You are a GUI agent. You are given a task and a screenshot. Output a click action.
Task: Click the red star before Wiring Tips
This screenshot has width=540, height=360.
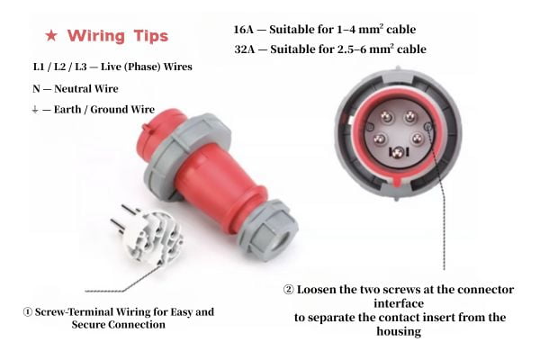(x=52, y=37)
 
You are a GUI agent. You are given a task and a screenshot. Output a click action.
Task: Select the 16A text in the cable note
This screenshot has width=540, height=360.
(x=245, y=28)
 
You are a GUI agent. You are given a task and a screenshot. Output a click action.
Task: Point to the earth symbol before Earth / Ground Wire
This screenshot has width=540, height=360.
(x=34, y=110)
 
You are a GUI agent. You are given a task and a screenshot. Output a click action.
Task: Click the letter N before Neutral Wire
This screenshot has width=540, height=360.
(x=35, y=89)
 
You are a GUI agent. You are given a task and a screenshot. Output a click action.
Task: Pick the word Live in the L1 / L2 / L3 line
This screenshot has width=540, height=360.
(x=119, y=67)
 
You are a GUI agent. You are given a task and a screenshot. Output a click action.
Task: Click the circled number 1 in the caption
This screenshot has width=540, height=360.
(x=28, y=312)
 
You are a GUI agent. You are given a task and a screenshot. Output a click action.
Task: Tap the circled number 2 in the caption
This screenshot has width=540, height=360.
(x=289, y=290)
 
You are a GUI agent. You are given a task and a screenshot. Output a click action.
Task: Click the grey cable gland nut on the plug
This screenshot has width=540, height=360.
(x=267, y=229)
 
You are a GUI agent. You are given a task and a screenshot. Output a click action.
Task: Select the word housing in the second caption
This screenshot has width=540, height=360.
(x=400, y=331)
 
